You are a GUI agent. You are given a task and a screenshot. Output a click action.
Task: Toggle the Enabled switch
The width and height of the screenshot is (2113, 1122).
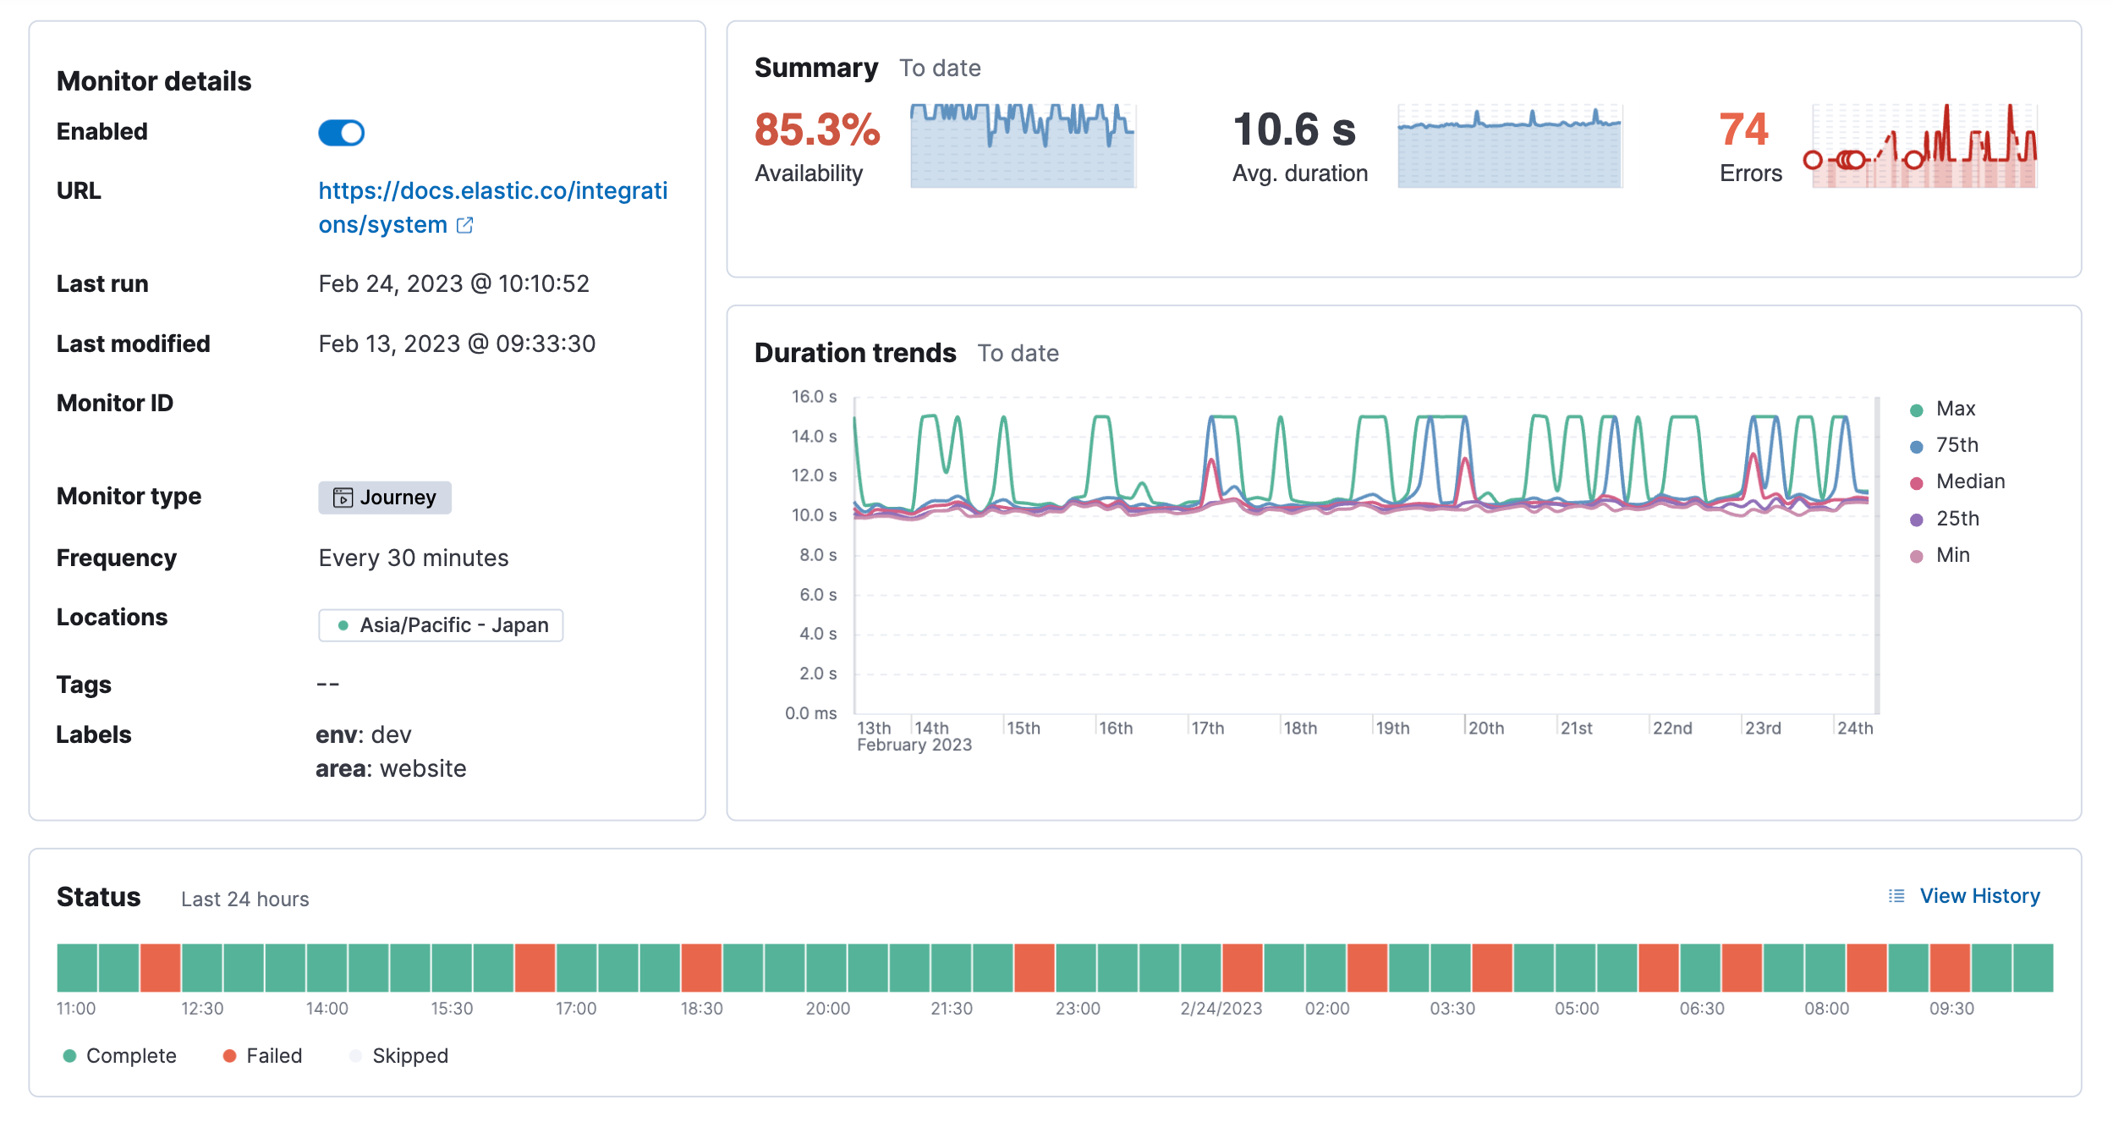click(x=341, y=133)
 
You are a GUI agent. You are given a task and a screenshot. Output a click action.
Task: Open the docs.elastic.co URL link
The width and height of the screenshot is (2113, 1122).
click(x=492, y=191)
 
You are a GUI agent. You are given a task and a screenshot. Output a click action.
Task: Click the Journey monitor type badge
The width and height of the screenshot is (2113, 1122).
click(x=385, y=498)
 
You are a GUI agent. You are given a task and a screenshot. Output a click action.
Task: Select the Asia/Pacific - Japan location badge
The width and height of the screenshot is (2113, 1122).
click(x=441, y=625)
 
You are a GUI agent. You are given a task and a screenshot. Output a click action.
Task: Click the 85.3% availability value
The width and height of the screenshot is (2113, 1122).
click(x=816, y=130)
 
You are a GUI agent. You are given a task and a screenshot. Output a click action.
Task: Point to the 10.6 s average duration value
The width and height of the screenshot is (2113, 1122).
click(x=1293, y=130)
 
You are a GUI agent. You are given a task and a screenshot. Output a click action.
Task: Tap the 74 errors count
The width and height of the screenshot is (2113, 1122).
click(x=1743, y=130)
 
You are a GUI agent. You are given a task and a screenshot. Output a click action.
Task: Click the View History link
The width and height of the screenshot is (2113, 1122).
click(x=1979, y=896)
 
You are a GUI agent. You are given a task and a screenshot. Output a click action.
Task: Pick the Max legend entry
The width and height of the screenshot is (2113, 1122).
click(x=1955, y=410)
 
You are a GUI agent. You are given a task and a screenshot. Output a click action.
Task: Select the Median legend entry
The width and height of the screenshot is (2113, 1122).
click(x=1969, y=482)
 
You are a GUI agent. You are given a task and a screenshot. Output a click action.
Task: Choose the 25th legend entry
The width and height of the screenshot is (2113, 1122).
click(x=1957, y=519)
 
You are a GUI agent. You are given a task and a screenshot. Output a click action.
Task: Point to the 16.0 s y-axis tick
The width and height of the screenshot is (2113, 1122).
click(x=814, y=397)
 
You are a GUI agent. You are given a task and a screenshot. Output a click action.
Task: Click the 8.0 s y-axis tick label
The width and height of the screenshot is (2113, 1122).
click(x=817, y=555)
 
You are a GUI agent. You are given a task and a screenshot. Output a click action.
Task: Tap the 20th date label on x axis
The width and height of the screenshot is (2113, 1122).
click(x=1485, y=729)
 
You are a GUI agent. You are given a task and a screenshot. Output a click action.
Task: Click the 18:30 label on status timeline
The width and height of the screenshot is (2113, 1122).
click(x=701, y=1009)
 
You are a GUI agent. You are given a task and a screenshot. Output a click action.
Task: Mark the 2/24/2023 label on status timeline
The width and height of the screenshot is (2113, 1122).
click(x=1221, y=1009)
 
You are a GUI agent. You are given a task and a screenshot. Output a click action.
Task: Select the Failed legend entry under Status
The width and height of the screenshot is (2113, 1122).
click(x=272, y=1056)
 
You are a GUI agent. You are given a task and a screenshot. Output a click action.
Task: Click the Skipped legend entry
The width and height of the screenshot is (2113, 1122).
click(x=409, y=1056)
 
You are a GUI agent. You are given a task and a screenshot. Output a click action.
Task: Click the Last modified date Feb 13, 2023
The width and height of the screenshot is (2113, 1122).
click(x=457, y=344)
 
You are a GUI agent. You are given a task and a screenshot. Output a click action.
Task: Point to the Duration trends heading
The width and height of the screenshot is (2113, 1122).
click(x=854, y=353)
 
